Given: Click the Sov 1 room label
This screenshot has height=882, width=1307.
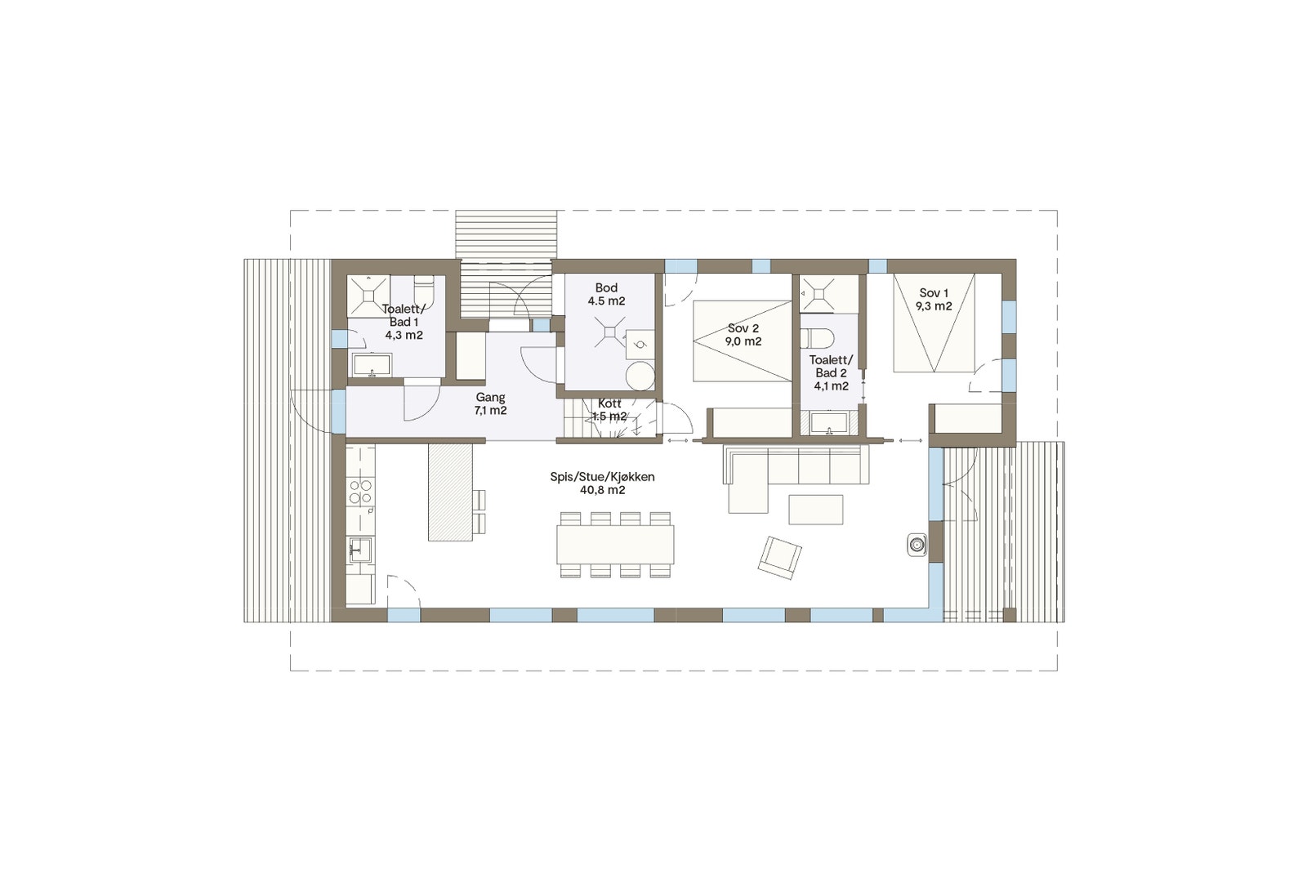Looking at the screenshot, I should coord(934,300).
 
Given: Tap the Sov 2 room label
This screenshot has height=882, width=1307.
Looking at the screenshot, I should coord(743,335).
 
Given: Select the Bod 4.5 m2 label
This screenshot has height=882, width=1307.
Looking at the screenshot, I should coord(606,294).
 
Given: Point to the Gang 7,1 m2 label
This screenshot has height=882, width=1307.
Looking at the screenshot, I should coord(490,403).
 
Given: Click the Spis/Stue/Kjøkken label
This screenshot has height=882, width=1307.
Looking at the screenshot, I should coord(602,483).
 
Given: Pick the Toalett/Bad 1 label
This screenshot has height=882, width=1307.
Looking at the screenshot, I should coord(404,322).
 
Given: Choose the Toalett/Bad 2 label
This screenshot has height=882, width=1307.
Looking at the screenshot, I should coord(831,372).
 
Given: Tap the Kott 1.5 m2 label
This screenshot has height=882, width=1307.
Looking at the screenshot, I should coord(609,410).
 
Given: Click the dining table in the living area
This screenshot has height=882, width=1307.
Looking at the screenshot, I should coord(615,544).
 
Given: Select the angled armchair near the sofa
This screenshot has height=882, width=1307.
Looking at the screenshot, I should coord(779,558).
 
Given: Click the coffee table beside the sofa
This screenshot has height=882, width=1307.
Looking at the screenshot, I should coord(815,509).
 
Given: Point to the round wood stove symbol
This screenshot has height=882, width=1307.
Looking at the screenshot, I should coord(917,544).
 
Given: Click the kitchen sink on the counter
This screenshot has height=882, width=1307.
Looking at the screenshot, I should coord(359,549).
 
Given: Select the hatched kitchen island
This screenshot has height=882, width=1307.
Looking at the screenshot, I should coord(450,492).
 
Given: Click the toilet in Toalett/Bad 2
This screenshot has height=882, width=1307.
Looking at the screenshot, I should coord(815,337).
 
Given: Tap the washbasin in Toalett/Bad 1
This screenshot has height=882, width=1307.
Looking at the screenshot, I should coord(372,364).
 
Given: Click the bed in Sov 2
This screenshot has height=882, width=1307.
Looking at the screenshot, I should coord(742,341).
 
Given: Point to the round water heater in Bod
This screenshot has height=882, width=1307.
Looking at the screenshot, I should coord(640,376).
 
